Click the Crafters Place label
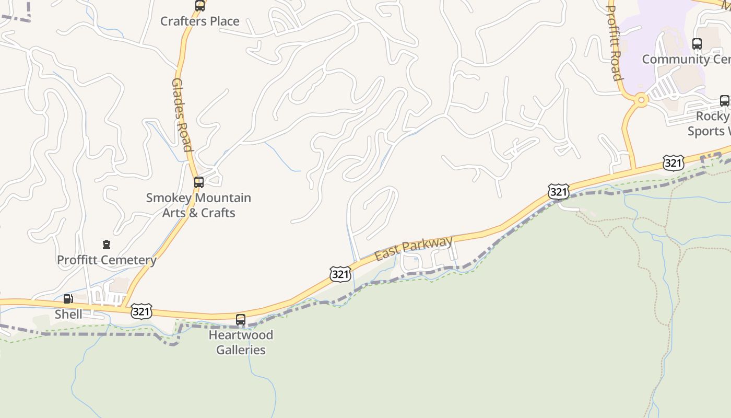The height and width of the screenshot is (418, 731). pos(199,21)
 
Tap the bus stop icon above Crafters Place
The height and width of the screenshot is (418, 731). pos(200,6)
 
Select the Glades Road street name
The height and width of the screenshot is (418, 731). pos(182,115)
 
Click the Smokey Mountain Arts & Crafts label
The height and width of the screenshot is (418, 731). pos(198,205)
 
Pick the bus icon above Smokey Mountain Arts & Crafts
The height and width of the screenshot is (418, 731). pos(199,182)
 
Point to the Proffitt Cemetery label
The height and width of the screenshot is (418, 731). pos(107,260)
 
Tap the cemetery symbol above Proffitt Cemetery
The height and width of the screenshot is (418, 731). pos(107,245)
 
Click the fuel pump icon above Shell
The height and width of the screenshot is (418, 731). pos(68,299)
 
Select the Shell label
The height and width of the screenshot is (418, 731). pos(68,314)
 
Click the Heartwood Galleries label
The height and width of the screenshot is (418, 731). pos(241,342)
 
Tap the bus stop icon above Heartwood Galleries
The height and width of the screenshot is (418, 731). pos(241,319)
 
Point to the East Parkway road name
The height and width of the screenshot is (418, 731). pos(414,249)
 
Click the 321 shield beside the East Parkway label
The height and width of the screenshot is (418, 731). pos(340,274)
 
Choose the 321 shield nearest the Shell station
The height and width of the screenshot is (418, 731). pos(142,311)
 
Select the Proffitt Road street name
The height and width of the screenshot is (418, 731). pos(614,42)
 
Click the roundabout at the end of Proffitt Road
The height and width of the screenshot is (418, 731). pos(641,100)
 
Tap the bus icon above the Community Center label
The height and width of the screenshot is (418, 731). pos(697,44)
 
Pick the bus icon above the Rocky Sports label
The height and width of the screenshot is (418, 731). pos(725,101)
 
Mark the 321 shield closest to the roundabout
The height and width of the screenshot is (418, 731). pos(673,163)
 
